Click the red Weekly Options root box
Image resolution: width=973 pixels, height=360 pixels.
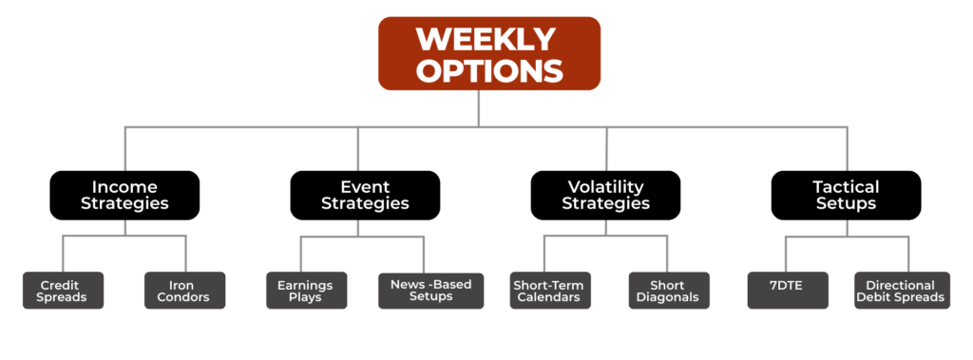click(489, 53)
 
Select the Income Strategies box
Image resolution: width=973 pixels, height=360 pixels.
click(124, 195)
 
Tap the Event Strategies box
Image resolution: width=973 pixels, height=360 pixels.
click(365, 195)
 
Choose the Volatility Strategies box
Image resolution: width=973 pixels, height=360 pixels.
click(605, 195)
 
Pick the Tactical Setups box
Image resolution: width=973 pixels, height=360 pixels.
click(847, 195)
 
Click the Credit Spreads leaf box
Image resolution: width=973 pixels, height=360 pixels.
click(64, 291)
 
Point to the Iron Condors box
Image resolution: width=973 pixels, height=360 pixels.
click(185, 291)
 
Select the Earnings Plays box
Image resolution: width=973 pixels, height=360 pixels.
click(307, 291)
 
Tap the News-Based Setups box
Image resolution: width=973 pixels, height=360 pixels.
click(430, 291)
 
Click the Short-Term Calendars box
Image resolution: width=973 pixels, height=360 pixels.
click(550, 291)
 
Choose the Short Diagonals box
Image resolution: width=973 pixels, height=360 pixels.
click(669, 291)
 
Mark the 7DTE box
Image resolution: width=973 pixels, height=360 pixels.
click(788, 291)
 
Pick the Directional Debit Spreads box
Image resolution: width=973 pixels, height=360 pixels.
click(903, 291)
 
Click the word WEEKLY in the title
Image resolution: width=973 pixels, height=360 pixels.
click(486, 40)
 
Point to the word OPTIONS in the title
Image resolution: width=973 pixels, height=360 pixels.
click(489, 70)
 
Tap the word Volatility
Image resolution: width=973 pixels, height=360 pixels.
click(606, 187)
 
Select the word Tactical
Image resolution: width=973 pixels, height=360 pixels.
click(846, 187)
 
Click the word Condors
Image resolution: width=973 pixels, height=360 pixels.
click(185, 297)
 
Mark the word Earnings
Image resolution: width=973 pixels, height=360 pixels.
click(305, 286)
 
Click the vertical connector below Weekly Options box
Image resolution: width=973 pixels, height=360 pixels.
click(479, 108)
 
